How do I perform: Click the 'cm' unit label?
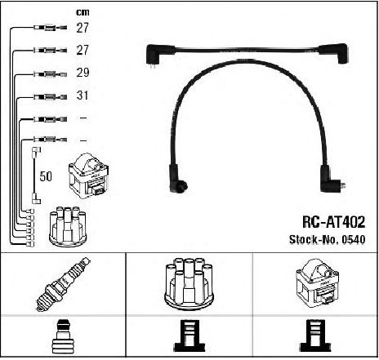[82, 12]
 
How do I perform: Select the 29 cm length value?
[82, 73]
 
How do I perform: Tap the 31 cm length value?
[82, 96]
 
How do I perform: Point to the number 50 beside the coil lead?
[46, 176]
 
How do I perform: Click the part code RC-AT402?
[333, 222]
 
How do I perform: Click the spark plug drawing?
[63, 284]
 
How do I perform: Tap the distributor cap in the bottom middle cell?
[189, 284]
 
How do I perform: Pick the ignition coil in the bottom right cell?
[317, 283]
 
